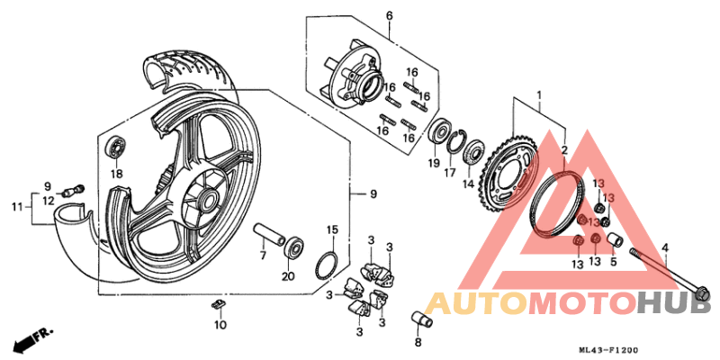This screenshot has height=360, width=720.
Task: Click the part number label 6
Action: coord(390,16)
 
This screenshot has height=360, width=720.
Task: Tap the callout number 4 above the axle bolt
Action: coord(665,247)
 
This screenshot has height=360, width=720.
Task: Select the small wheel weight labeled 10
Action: coord(218,304)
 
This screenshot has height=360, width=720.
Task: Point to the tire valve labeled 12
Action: coord(74,190)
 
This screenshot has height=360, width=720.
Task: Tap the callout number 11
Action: coord(15,208)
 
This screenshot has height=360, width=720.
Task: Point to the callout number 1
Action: coord(540,94)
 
